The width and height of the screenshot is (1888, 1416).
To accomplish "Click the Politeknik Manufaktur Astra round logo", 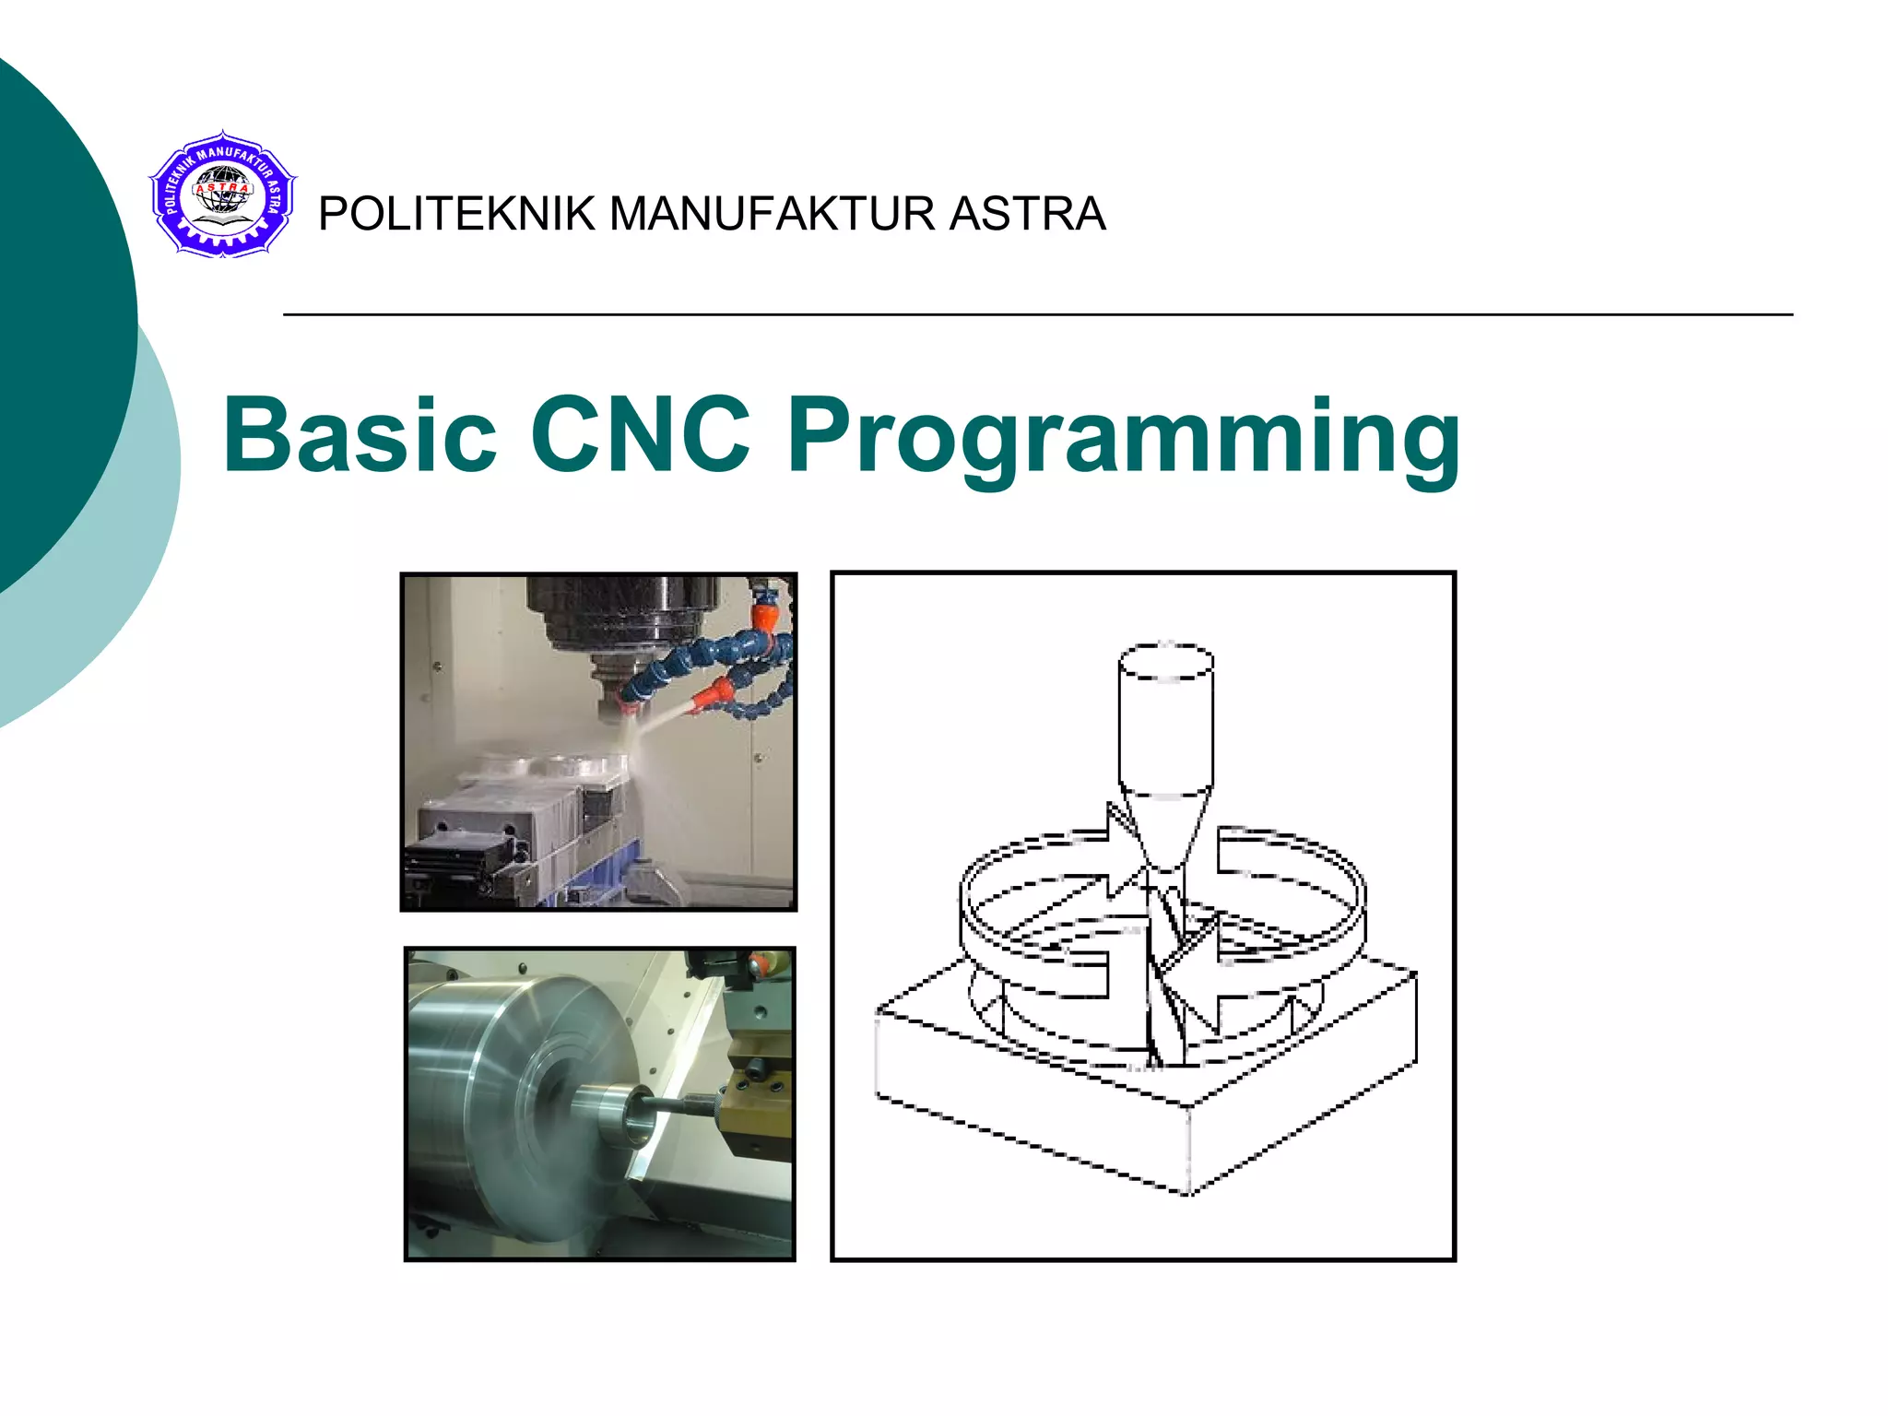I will (222, 195).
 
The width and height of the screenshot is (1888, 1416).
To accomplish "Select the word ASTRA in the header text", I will (1027, 214).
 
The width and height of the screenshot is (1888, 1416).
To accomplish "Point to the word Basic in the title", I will (360, 434).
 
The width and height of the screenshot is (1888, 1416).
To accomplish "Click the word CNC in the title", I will (641, 434).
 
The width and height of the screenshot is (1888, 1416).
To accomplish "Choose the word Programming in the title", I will (1123, 438).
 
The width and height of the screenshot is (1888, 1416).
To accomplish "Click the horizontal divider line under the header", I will (1037, 315).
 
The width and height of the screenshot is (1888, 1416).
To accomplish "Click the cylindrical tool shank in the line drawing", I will (1165, 719).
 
